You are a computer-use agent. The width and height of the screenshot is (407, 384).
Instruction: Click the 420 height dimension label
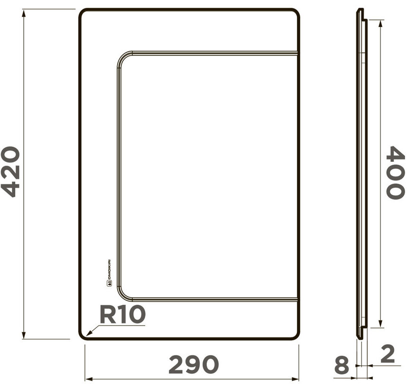point(11,172)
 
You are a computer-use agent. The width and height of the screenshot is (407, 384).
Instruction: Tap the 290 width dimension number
point(194,364)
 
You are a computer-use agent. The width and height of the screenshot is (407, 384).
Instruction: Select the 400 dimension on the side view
point(395,172)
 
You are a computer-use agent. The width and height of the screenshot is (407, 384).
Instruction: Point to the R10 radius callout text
point(122,315)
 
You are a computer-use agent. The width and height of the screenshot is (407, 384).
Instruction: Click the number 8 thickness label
point(342,365)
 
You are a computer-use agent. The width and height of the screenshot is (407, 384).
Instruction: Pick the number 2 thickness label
point(388,354)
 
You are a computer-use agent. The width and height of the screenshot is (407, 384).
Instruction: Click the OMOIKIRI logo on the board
point(109,273)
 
